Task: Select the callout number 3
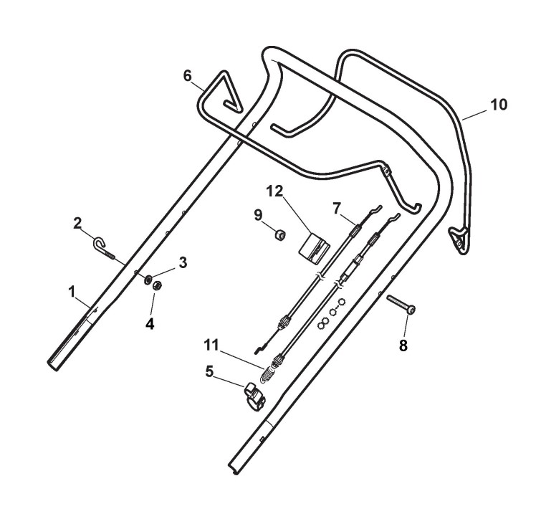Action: tap(183, 263)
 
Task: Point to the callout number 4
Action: tap(150, 323)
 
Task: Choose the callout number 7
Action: tap(337, 208)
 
